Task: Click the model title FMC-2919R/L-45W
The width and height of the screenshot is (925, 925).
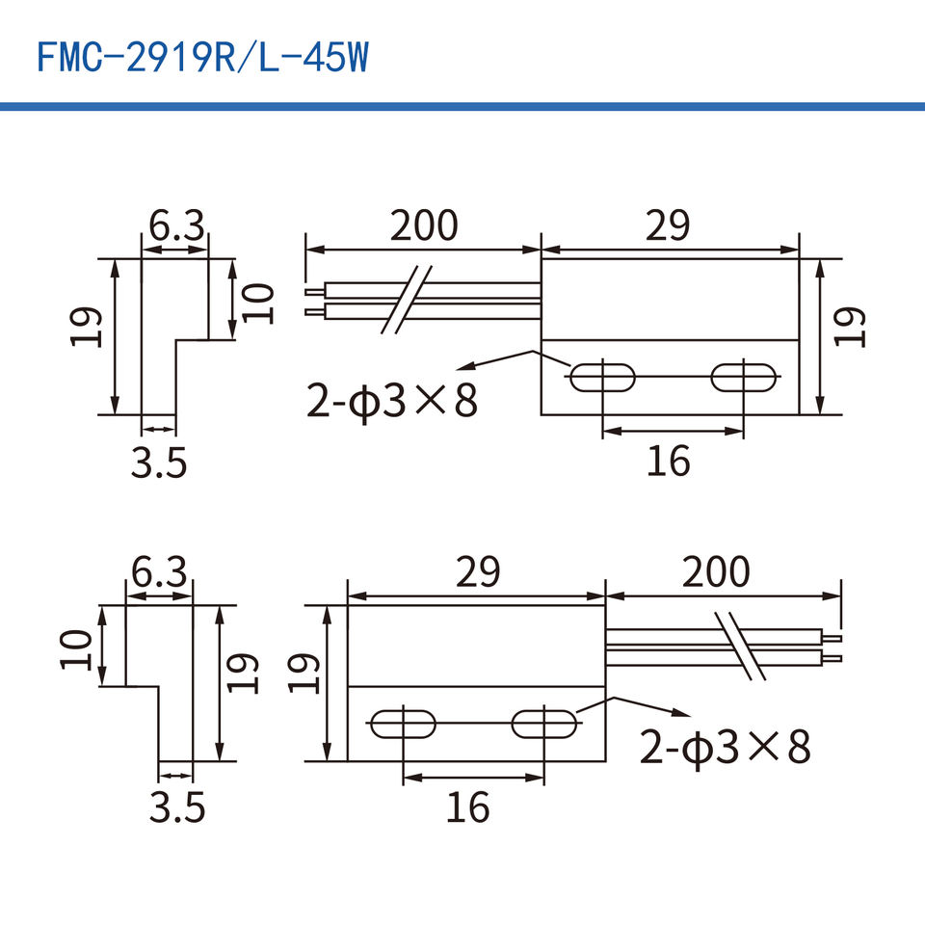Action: [x=203, y=58]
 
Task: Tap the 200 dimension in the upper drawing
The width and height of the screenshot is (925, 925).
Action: [x=424, y=225]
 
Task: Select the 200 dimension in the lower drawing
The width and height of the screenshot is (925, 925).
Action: [x=716, y=571]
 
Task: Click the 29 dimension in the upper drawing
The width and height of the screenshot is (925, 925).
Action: [x=667, y=225]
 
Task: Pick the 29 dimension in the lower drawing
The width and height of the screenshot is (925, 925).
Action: [x=478, y=571]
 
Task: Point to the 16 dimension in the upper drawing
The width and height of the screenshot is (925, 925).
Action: [x=669, y=462]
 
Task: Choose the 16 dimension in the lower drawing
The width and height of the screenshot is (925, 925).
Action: [x=468, y=807]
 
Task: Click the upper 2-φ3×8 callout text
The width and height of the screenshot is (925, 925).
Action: [x=392, y=401]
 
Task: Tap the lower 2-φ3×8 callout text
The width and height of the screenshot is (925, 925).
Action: [x=725, y=747]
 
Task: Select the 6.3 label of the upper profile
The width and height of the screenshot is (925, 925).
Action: [x=176, y=225]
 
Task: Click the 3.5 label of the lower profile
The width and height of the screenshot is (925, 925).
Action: [x=177, y=807]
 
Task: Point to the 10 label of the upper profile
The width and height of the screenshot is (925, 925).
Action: [x=258, y=304]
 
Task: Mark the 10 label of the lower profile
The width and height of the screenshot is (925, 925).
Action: [x=77, y=649]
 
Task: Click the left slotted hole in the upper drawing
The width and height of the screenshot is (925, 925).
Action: [x=602, y=378]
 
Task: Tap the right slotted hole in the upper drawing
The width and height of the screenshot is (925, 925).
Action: [x=743, y=378]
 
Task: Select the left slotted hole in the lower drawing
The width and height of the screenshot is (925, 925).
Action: [x=403, y=724]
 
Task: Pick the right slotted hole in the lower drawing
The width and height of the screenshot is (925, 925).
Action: [x=543, y=724]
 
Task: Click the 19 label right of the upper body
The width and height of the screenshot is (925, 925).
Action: [x=850, y=327]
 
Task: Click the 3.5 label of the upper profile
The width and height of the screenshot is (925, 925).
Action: [x=159, y=462]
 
